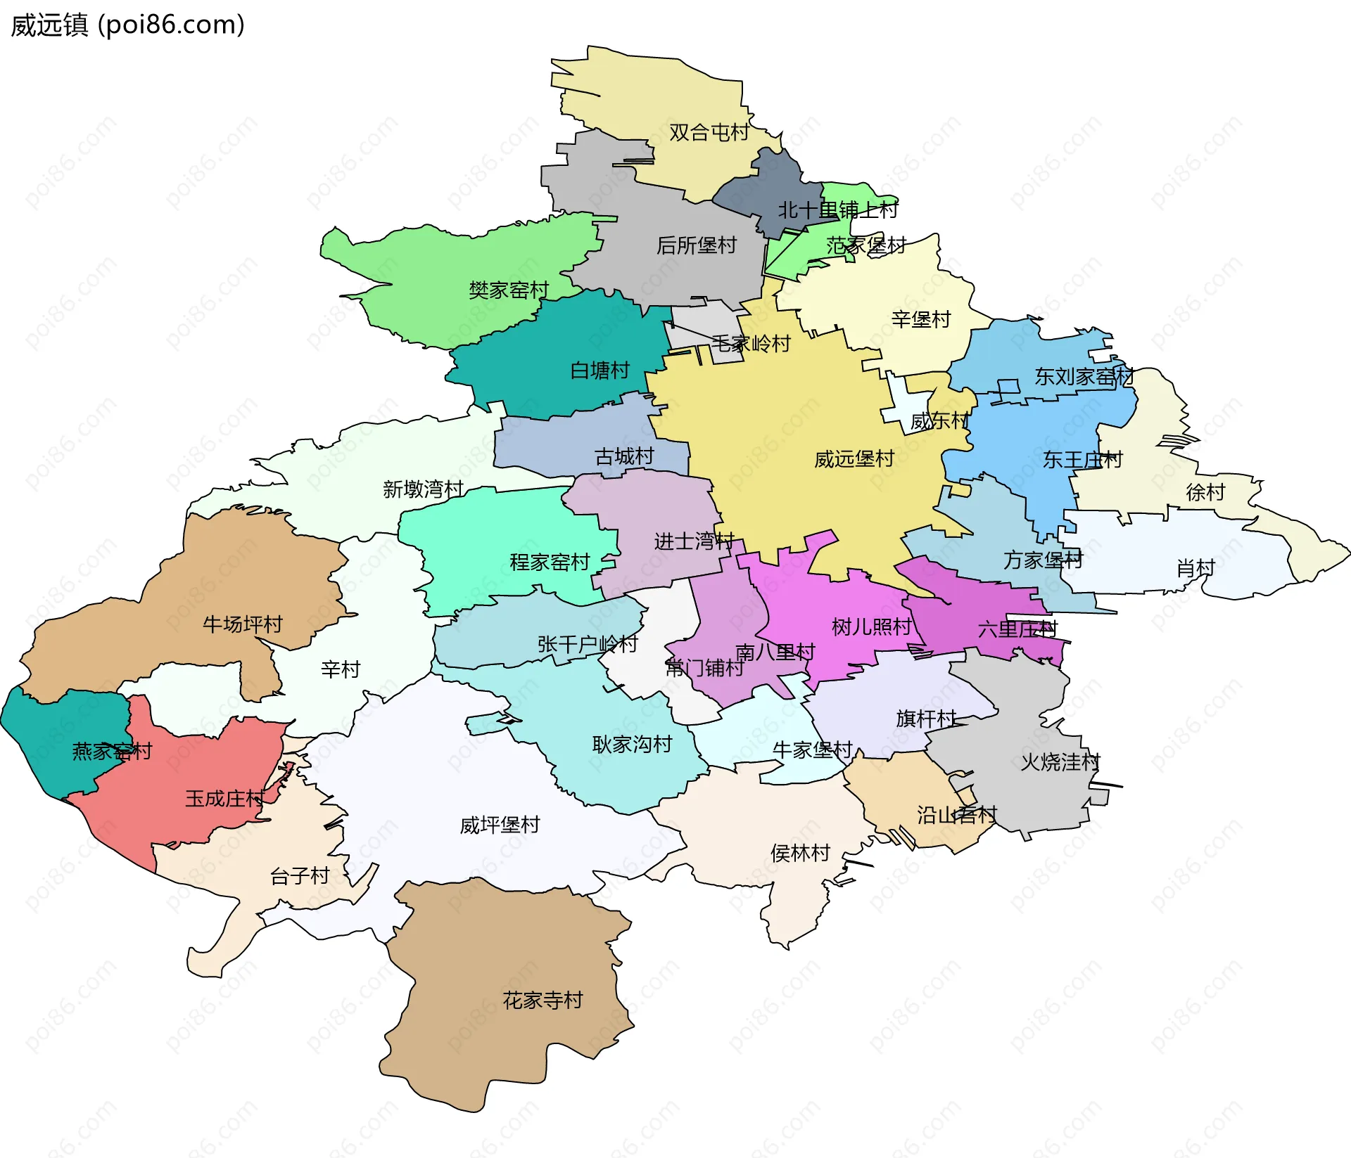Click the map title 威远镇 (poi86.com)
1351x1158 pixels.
127,25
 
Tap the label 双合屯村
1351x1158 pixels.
709,132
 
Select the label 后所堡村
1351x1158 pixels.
696,245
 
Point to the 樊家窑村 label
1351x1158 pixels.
508,290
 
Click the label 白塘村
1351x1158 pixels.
600,371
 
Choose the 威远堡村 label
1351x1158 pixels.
854,459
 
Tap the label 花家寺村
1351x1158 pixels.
543,1000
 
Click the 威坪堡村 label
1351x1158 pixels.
500,825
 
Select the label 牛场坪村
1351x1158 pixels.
242,624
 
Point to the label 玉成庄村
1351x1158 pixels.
224,799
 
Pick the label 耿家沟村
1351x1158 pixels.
632,744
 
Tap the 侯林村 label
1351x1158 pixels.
800,853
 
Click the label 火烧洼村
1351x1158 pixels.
1060,761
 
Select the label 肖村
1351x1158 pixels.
1195,567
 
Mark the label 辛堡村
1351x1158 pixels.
920,319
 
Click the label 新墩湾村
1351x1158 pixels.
423,489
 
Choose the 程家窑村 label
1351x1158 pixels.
549,562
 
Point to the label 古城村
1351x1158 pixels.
624,456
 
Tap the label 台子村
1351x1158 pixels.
300,876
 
